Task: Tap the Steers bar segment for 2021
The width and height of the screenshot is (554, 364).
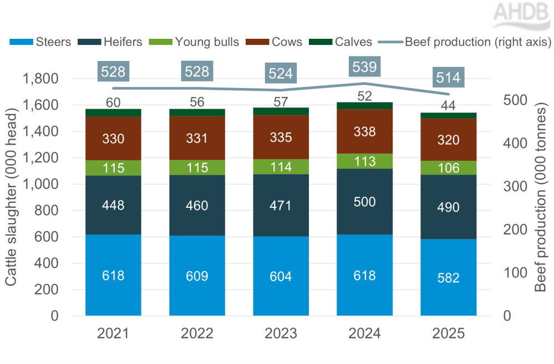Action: point(113,275)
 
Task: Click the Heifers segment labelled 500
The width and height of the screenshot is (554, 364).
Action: point(364,202)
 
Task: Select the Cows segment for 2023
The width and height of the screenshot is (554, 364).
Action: point(281,137)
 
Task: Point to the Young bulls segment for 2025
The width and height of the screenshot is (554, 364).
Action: point(449,168)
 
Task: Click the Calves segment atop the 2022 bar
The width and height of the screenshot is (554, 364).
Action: point(197,112)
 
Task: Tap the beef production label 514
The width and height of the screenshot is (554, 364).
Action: point(448,78)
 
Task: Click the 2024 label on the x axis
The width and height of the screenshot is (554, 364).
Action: point(364,334)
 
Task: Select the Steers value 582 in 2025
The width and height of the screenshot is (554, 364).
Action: point(448,278)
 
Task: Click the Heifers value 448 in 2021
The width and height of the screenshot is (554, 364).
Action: point(113,206)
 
